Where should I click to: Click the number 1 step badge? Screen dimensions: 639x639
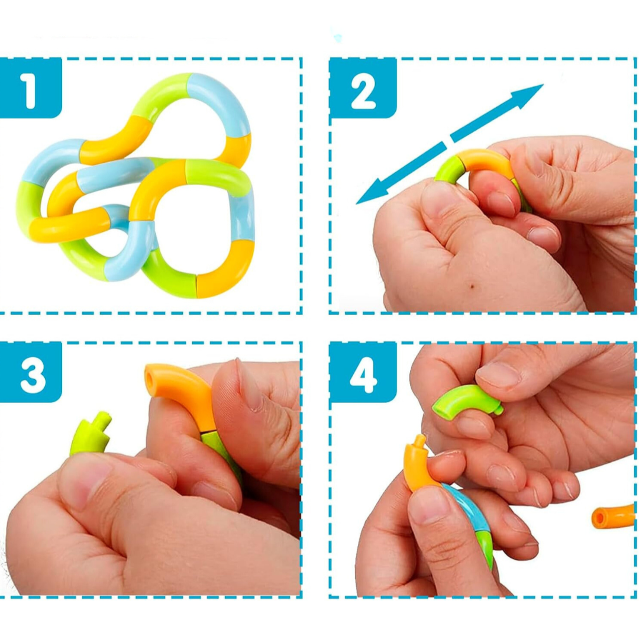[x=31, y=88]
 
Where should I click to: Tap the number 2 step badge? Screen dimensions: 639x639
[x=363, y=88]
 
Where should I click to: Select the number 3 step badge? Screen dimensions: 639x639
[x=31, y=372]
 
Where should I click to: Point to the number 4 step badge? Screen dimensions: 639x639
[x=363, y=372]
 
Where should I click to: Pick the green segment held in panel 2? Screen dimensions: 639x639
[x=449, y=169]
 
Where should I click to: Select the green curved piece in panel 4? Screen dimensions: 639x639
[x=464, y=400]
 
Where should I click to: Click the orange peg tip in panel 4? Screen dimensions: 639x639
[x=419, y=441]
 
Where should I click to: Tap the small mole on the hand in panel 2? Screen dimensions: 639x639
[x=472, y=286]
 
